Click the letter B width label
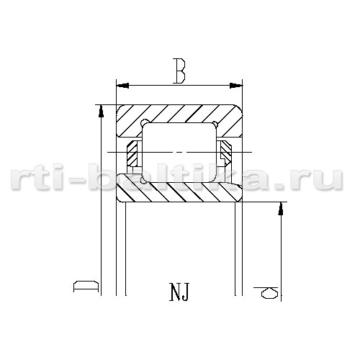tap(179, 71)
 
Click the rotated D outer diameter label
tap(86, 286)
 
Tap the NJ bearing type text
tap(179, 292)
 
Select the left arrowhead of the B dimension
tap(122, 86)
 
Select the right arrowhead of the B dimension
tap(236, 86)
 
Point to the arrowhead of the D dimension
tap(102, 111)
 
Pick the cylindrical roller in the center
tap(179, 153)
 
